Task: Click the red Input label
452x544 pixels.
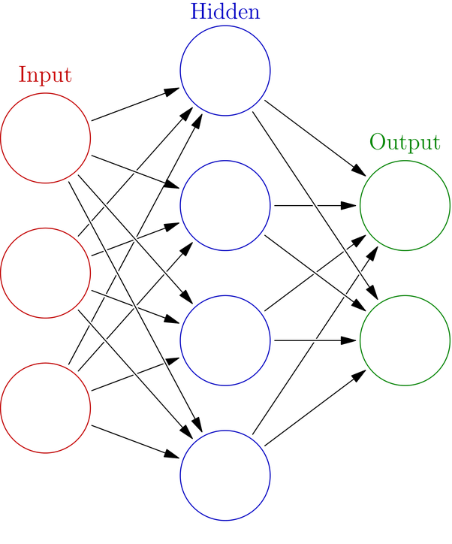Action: click(45, 75)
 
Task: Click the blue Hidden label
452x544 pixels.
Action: click(225, 12)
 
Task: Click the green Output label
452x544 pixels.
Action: click(404, 143)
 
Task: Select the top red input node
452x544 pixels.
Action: click(47, 138)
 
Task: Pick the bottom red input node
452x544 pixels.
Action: click(47, 408)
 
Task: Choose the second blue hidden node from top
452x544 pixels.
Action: click(225, 204)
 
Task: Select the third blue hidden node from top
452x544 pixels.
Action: click(225, 340)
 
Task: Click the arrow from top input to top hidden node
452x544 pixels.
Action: click(128, 107)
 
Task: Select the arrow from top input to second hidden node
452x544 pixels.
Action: click(128, 168)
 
